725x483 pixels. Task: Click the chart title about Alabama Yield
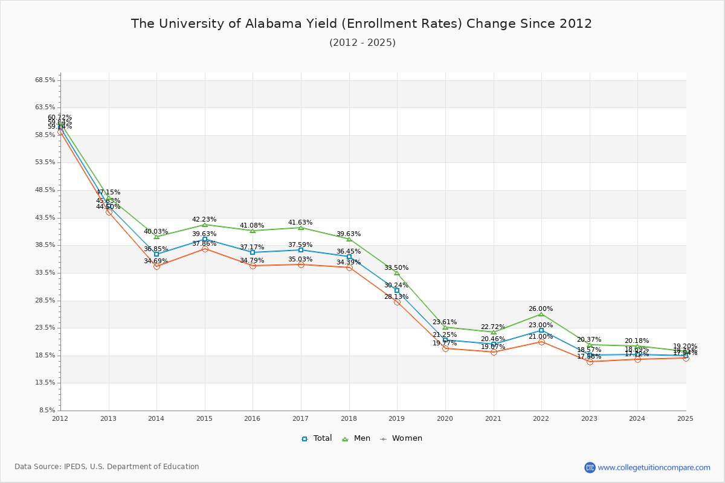(361, 24)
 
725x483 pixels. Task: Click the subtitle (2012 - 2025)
(362, 42)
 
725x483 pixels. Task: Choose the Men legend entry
(356, 438)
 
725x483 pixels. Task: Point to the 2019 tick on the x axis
(397, 418)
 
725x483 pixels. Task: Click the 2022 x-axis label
(541, 418)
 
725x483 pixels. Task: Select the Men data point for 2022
(541, 314)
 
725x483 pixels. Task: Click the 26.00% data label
(541, 309)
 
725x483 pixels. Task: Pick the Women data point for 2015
(205, 249)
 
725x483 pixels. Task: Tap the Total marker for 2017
(301, 250)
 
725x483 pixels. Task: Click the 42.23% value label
(204, 219)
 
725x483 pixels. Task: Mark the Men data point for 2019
(397, 273)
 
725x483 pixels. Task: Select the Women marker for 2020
(445, 348)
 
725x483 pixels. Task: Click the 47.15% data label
(108, 192)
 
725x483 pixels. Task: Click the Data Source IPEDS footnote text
(107, 467)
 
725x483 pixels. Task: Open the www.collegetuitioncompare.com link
(654, 467)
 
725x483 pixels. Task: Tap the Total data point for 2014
(156, 254)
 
